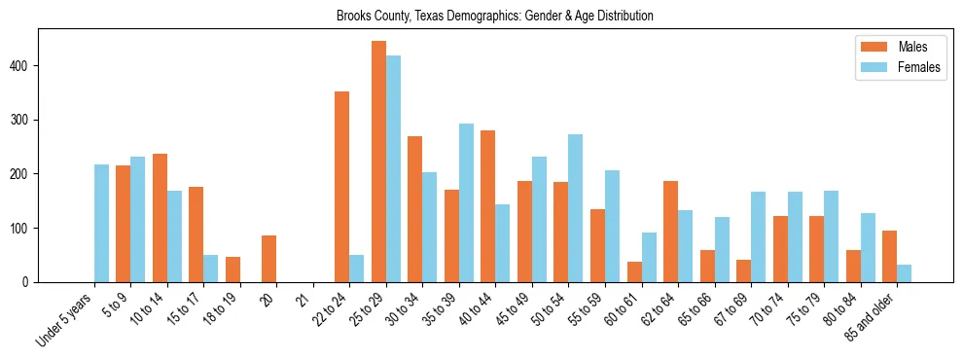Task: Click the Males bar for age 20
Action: pos(268,259)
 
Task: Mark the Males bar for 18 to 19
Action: pos(232,270)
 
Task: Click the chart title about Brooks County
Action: pos(494,17)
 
